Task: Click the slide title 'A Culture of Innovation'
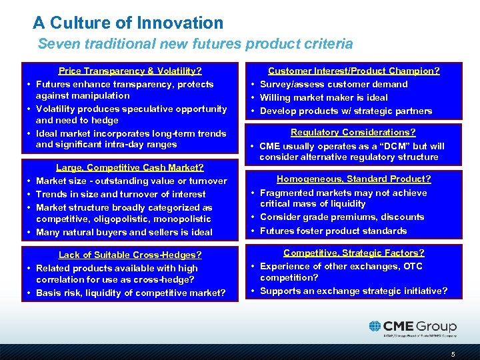pos(128,23)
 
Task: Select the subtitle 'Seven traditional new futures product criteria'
pos(195,45)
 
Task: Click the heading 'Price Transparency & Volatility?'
pos(130,71)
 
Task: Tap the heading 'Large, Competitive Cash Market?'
pos(130,167)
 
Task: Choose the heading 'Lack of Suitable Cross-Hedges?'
pos(130,255)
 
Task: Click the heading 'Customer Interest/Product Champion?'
pos(353,71)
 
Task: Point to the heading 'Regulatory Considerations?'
pos(353,132)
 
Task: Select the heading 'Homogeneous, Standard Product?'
pos(353,179)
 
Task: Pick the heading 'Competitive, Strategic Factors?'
pos(353,253)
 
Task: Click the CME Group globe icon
pos(375,327)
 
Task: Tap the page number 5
pos(453,354)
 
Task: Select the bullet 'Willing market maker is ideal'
pos(323,97)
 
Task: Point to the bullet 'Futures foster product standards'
pos(333,231)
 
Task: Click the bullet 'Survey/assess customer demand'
pos(333,84)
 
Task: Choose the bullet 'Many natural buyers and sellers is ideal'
pos(124,232)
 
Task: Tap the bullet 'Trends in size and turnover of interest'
pos(121,194)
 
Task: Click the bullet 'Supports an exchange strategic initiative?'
pos(353,291)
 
